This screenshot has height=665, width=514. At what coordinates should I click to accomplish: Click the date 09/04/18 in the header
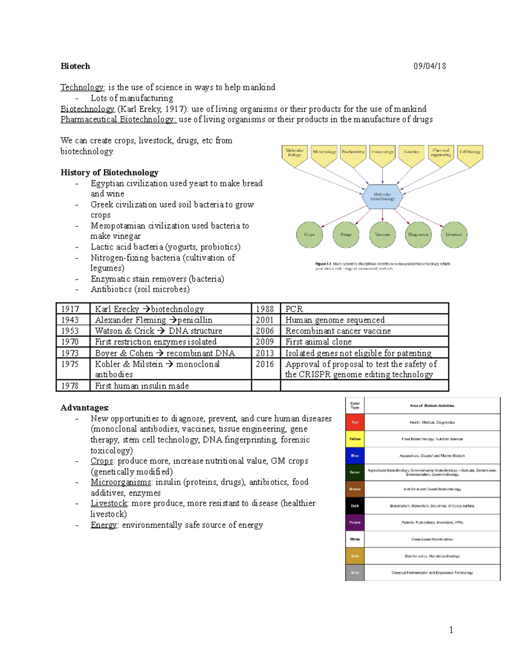click(x=430, y=66)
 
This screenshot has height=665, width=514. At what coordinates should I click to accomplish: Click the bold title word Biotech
click(x=75, y=66)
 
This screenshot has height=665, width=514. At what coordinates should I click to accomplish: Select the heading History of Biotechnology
click(x=109, y=173)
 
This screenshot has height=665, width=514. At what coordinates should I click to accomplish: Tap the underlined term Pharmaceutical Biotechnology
click(x=118, y=119)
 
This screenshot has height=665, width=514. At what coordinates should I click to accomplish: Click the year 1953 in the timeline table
click(x=70, y=331)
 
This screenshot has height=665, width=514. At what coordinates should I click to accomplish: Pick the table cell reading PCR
click(x=294, y=309)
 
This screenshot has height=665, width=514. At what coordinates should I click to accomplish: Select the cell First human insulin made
click(x=142, y=386)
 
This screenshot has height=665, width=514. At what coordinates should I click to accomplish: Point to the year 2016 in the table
click(x=265, y=364)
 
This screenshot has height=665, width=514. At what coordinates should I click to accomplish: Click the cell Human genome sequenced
click(x=335, y=320)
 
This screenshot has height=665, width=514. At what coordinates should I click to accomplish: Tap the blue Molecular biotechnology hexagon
click(x=382, y=197)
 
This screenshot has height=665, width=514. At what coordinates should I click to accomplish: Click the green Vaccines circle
click(x=382, y=235)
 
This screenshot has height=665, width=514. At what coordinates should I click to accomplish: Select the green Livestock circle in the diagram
click(x=454, y=235)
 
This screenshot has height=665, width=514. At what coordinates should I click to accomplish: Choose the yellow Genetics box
click(x=411, y=153)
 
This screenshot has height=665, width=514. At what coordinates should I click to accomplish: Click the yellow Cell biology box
click(x=470, y=153)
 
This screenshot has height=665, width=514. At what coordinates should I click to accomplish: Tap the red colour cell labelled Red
click(x=355, y=422)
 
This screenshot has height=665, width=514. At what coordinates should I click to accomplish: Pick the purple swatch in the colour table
click(x=355, y=522)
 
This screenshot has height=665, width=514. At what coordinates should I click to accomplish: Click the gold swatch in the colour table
click(x=355, y=556)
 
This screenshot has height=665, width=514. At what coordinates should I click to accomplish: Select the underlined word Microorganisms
click(x=121, y=482)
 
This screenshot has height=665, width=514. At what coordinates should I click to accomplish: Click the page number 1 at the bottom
click(x=451, y=629)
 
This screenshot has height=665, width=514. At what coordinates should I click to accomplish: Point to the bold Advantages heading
click(x=84, y=408)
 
